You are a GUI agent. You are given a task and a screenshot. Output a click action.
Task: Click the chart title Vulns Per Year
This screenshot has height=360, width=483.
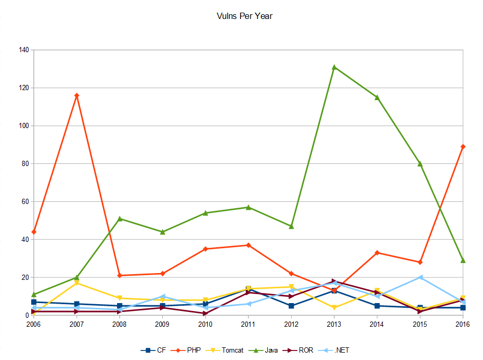244,16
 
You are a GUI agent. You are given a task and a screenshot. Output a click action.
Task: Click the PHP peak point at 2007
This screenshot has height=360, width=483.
77,95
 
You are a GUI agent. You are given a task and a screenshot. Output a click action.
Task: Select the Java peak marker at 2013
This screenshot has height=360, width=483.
334,67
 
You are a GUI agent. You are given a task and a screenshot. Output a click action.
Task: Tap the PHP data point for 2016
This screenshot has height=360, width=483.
463,147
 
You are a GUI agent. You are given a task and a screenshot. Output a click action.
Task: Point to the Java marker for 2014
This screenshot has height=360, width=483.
377,97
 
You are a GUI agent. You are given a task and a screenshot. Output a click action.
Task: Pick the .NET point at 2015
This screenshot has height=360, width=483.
420,277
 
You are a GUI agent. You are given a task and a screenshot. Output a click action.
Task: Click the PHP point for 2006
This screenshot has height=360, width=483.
34,232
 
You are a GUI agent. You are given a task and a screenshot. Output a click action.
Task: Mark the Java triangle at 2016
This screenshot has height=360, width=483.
463,260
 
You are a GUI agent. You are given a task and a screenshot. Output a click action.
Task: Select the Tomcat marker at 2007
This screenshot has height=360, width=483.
77,283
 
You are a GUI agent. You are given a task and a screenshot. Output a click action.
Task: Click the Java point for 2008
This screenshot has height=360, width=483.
120,219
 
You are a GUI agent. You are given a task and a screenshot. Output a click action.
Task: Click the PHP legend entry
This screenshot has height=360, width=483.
192,350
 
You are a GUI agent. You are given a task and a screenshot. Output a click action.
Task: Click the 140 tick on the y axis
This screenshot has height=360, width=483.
24,50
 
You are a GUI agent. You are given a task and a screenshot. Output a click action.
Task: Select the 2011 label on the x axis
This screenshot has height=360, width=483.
248,324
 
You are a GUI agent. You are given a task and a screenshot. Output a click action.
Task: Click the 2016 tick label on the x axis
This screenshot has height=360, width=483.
462,324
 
